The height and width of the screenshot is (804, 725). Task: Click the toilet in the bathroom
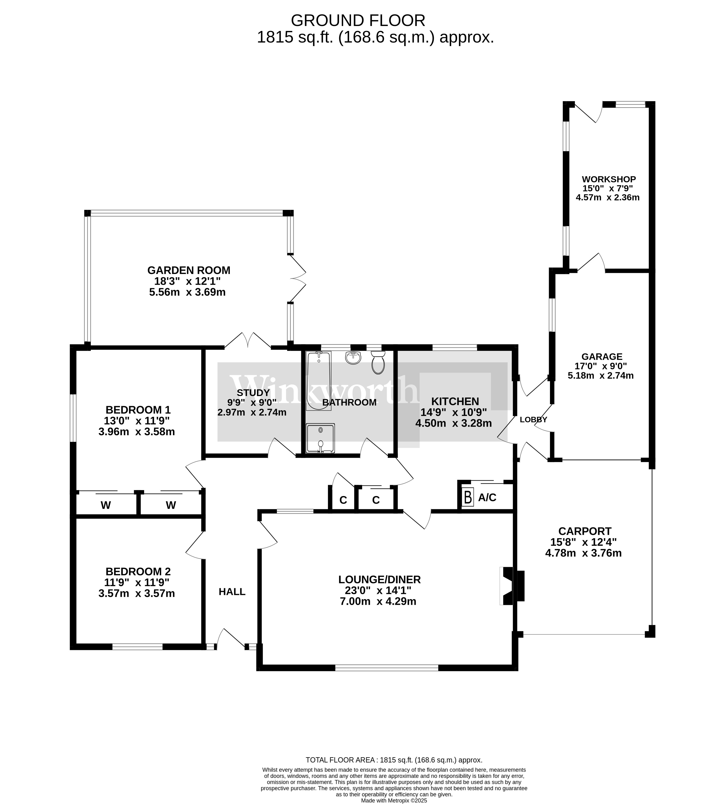click(378, 362)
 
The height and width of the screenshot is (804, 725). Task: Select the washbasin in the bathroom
click(353, 358)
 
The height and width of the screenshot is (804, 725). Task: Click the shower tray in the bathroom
click(320, 438)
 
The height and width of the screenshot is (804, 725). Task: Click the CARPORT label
click(584, 531)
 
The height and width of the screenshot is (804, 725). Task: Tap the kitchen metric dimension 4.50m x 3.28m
click(453, 423)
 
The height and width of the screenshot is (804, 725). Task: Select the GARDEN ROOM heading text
click(189, 270)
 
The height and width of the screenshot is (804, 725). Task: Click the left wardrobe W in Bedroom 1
click(106, 505)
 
